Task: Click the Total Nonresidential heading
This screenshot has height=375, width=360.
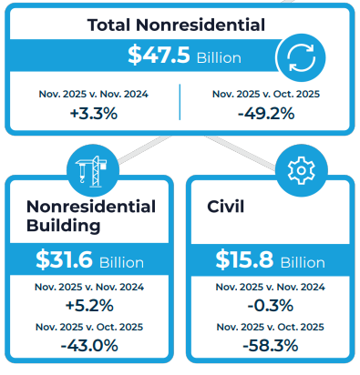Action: (x=177, y=25)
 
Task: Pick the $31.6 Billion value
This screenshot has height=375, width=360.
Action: (x=89, y=261)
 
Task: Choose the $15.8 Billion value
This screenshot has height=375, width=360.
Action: (x=270, y=261)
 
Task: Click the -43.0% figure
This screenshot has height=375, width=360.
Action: (x=89, y=347)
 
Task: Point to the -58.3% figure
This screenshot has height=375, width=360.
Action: (x=270, y=347)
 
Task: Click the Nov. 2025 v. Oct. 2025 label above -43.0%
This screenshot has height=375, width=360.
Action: (x=89, y=327)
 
